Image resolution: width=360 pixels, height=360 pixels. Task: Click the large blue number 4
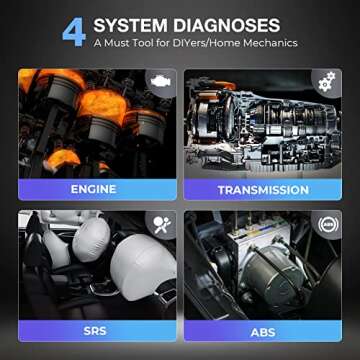[74, 30]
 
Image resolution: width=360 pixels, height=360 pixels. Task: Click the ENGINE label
[94, 189]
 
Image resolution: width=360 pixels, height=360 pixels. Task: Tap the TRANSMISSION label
[262, 189]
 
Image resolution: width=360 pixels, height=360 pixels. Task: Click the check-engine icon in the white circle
[159, 80]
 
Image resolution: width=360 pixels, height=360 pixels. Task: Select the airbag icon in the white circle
[159, 222]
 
